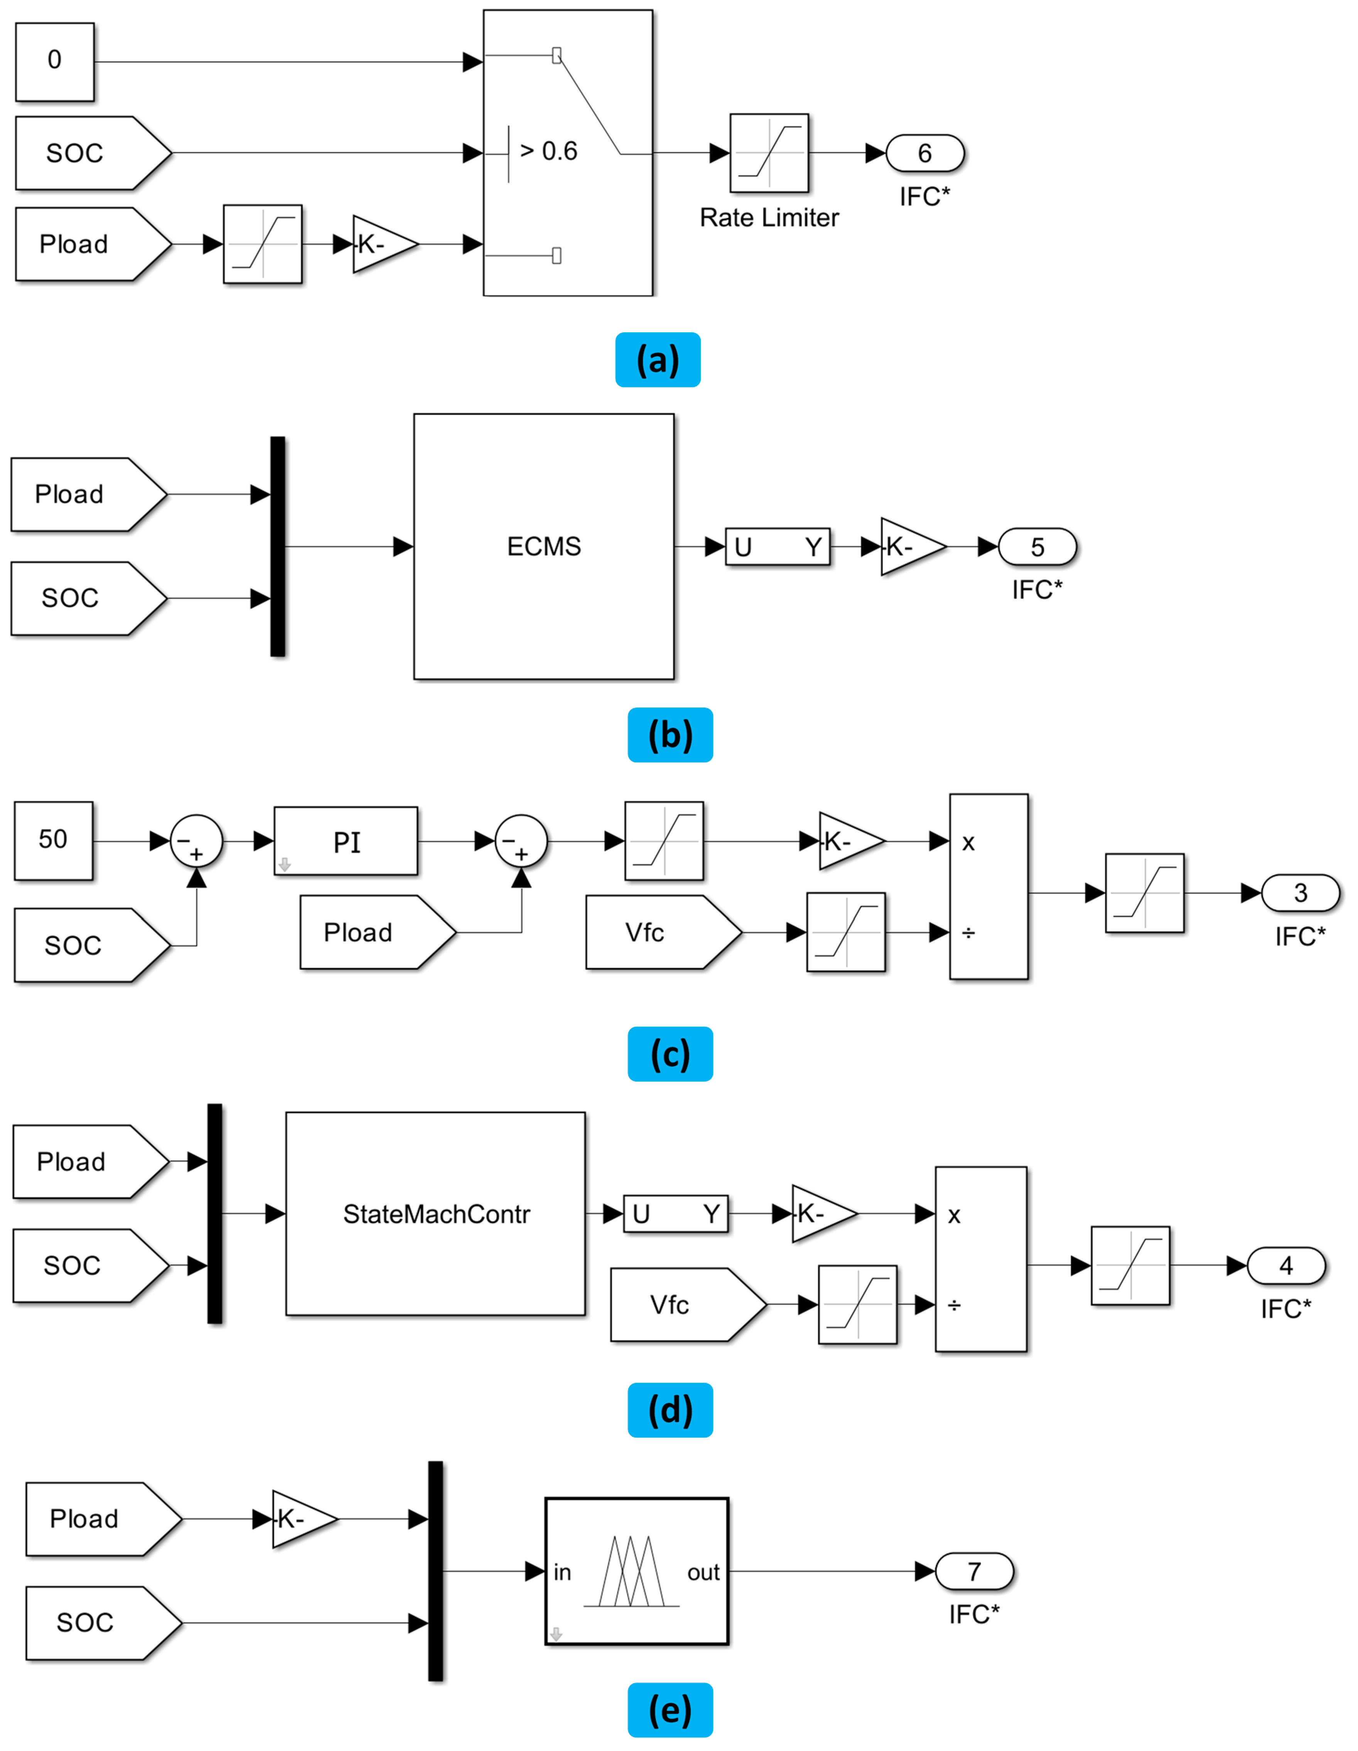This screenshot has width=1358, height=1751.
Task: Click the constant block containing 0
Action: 54,62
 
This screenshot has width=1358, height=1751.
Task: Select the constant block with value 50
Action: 53,840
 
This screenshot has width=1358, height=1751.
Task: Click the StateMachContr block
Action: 435,1214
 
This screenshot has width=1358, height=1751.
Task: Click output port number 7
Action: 974,1571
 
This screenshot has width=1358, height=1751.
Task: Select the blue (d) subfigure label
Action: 670,1410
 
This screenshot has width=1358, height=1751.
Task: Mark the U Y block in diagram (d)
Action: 675,1214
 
